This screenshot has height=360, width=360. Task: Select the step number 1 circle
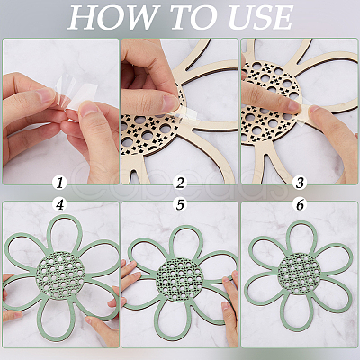[x=59, y=183]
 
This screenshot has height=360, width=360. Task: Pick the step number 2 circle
[x=180, y=183]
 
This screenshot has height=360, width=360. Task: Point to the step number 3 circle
[x=300, y=183]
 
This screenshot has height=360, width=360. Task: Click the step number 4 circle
[x=59, y=205]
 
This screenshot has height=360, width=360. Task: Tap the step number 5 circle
[x=180, y=205]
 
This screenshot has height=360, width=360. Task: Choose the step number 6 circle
[x=300, y=205]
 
